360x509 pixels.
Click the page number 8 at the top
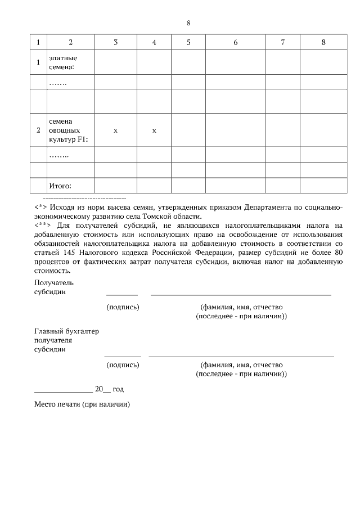pyautogui.click(x=188, y=23)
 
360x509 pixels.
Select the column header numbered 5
pyautogui.click(x=188, y=42)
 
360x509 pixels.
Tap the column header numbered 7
pyautogui.click(x=282, y=42)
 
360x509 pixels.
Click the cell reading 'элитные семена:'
pyautogui.click(x=62, y=62)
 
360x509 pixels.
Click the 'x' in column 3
pyautogui.click(x=115, y=130)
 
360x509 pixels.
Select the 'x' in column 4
pyautogui.click(x=154, y=130)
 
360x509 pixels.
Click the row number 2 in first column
pyautogui.click(x=38, y=130)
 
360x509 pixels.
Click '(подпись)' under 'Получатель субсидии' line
pyautogui.click(x=123, y=307)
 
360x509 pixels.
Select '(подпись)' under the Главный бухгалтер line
pyautogui.click(x=123, y=364)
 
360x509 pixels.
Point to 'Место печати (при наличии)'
pyautogui.click(x=82, y=404)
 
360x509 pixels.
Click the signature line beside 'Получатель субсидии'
pyautogui.click(x=122, y=294)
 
